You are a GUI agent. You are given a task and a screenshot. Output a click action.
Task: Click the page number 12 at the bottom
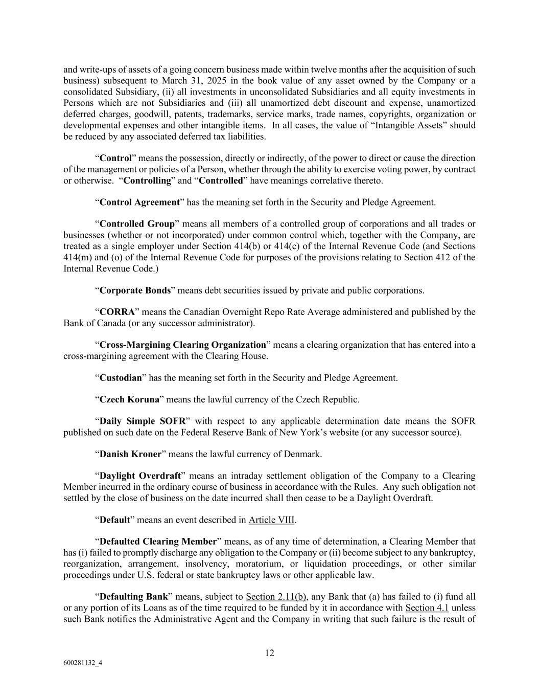coord(269,653)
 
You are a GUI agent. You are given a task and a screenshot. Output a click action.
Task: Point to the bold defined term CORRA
coord(117,312)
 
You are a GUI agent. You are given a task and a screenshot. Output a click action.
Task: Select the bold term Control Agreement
coord(139,202)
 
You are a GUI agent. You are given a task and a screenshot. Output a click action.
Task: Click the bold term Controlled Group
coord(137,224)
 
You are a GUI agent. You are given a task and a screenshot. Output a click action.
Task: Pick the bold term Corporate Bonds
coord(135,290)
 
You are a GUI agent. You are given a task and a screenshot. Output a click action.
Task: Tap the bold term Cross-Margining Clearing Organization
coord(183,345)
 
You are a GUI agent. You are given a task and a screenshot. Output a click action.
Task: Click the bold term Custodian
coord(121,378)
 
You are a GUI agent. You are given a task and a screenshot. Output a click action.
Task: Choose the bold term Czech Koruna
coord(129,399)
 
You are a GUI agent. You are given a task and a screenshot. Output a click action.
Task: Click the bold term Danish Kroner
coord(130,454)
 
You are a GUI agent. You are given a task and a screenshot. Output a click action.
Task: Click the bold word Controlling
coord(147,181)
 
